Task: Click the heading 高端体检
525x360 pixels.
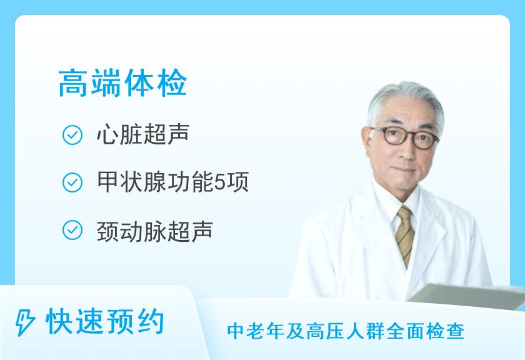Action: [x=122, y=83]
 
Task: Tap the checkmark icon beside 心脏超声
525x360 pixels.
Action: [x=72, y=135]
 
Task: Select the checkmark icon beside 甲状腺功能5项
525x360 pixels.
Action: [x=72, y=182]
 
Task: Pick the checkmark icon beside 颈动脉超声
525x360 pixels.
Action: [x=72, y=230]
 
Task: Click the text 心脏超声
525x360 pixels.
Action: [x=143, y=134]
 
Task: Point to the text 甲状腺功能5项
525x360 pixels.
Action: [x=172, y=182]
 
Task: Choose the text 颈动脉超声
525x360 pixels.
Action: [x=155, y=231]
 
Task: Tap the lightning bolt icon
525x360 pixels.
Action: [x=25, y=322]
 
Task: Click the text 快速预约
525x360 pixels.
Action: [x=105, y=321]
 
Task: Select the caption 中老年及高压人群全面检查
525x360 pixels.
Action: [x=346, y=331]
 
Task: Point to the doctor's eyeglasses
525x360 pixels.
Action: [x=406, y=137]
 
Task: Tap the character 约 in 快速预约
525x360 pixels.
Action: [x=149, y=321]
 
